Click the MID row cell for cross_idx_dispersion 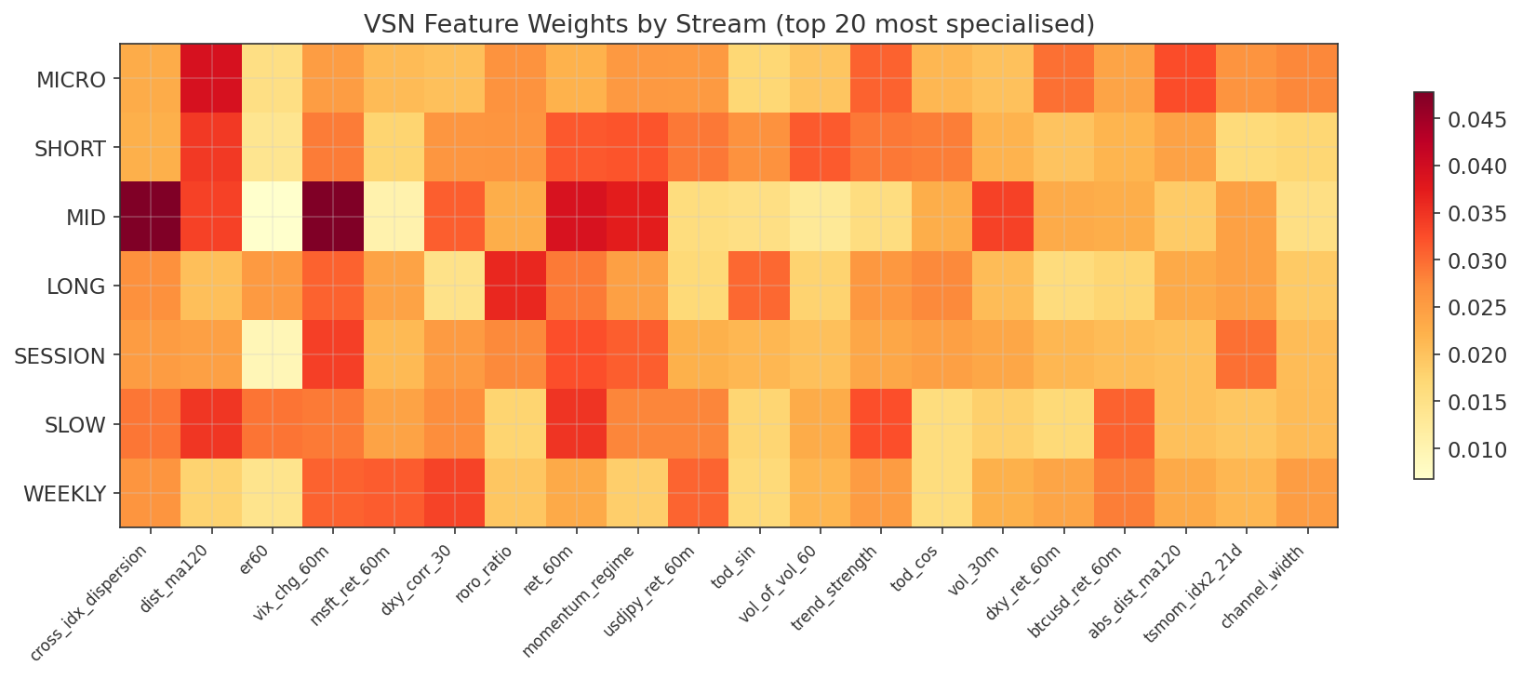151,218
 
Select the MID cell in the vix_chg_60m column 333,218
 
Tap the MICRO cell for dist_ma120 211,79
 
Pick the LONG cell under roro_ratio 515,286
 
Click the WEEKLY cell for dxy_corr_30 455,494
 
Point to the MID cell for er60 273,218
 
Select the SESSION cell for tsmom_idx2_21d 1247,355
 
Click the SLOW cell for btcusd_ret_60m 1125,425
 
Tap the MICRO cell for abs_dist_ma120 1185,79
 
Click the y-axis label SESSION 60,356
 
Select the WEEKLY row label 64,494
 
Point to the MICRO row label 71,80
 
